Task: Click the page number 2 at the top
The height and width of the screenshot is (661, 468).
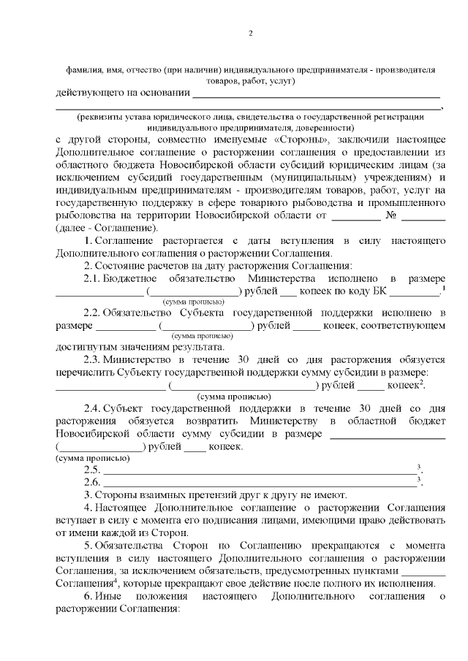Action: [x=250, y=33]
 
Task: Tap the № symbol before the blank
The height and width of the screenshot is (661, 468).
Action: [x=390, y=215]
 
